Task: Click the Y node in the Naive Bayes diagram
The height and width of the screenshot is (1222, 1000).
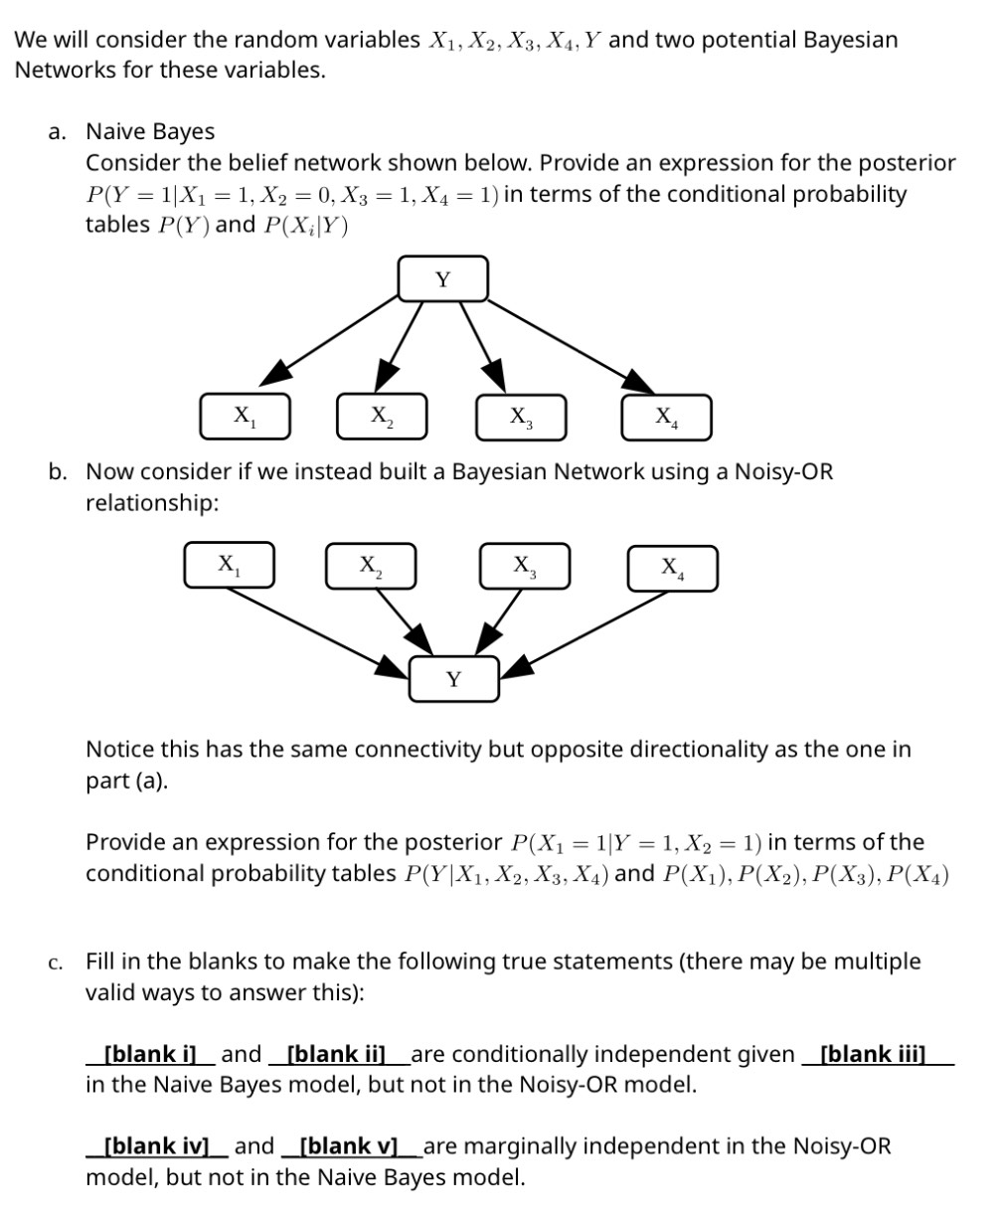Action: click(443, 278)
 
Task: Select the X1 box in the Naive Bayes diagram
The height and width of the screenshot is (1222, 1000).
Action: click(244, 416)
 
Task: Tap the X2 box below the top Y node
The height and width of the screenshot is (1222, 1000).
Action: click(382, 416)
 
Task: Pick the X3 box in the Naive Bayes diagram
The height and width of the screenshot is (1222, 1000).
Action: click(521, 416)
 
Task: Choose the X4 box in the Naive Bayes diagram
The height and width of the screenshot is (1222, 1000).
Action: click(666, 417)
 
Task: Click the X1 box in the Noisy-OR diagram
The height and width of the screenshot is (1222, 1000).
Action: click(229, 565)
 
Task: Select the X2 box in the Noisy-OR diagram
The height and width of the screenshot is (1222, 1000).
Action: click(371, 566)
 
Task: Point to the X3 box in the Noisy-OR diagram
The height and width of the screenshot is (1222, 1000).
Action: click(525, 565)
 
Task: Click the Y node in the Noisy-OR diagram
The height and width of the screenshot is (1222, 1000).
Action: click(453, 680)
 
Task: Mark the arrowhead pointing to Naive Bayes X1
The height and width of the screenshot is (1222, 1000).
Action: click(277, 373)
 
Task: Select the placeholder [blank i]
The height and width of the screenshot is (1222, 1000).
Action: click(150, 1054)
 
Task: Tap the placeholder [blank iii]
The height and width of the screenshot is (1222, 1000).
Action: click(873, 1054)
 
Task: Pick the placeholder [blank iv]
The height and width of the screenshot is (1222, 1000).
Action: click(156, 1146)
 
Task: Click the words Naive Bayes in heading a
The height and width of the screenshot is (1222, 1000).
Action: click(150, 131)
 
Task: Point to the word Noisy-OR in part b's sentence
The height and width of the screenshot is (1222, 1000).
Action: click(783, 471)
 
